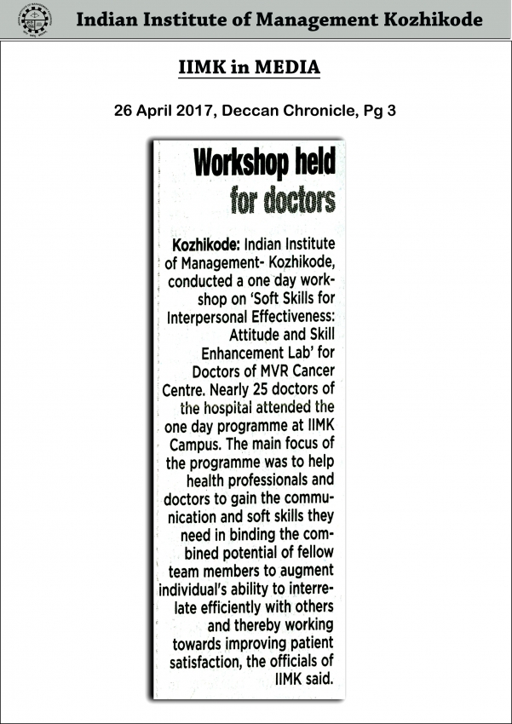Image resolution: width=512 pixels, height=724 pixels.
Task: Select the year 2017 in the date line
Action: tap(197, 111)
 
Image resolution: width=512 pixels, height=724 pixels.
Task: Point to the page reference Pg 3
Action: tap(382, 111)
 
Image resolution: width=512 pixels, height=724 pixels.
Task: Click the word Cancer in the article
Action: tap(314, 371)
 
